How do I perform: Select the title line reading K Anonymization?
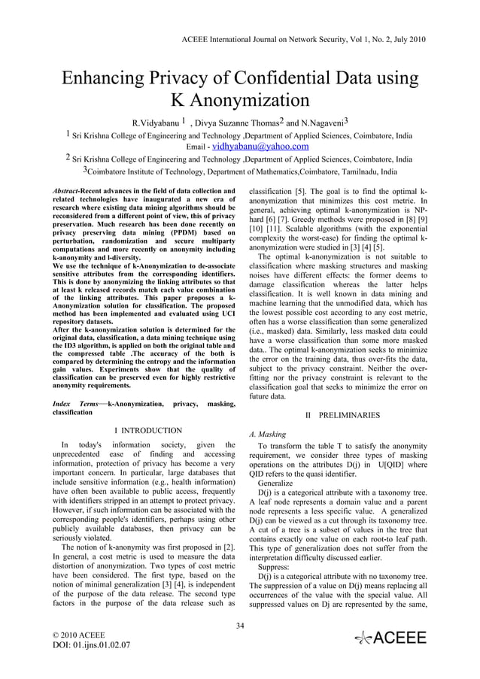tap(239, 101)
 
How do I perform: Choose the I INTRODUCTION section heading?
tap(147, 431)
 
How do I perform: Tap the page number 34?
tap(240, 624)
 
